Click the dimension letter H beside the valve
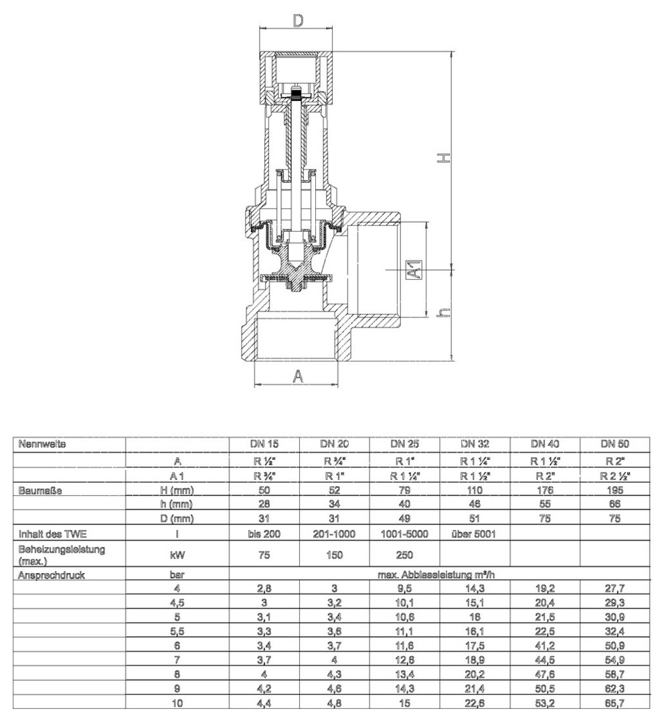click(442, 157)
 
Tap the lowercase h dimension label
click(442, 313)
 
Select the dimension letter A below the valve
click(299, 376)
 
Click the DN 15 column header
click(264, 444)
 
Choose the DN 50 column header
click(614, 444)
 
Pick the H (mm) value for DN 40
click(544, 491)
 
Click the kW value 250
click(404, 555)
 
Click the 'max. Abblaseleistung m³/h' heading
click(439, 574)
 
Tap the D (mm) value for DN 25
click(404, 517)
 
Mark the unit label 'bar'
click(177, 574)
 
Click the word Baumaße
click(41, 491)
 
